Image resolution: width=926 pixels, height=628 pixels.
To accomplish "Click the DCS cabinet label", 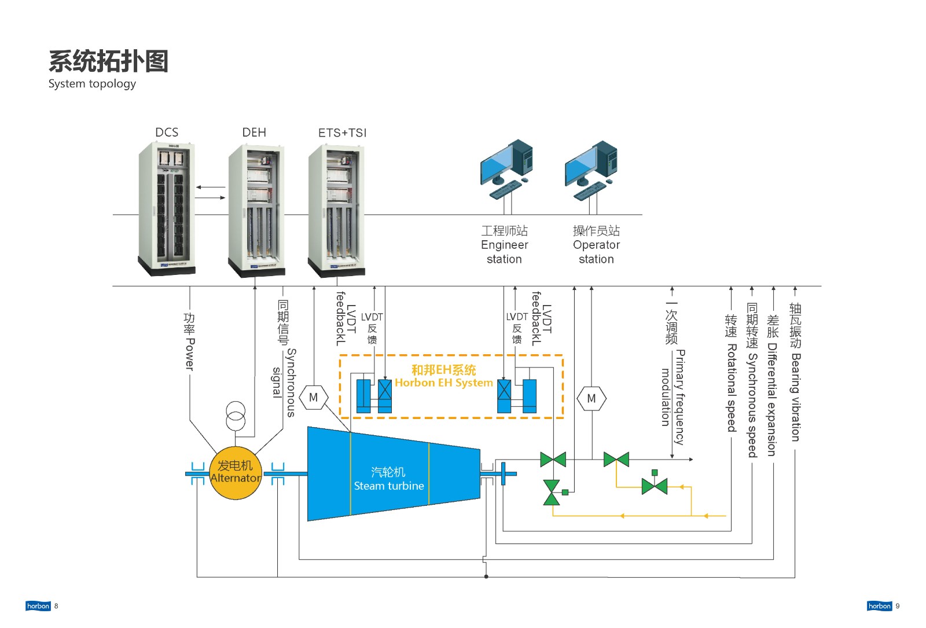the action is coord(167,133).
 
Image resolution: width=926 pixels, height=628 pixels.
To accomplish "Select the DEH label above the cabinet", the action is coord(254,133).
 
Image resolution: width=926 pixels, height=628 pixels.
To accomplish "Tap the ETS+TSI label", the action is coord(342,133).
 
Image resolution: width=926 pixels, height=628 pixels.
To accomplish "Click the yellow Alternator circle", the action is coord(236,472).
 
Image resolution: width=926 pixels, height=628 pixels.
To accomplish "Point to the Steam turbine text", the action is coord(389,486).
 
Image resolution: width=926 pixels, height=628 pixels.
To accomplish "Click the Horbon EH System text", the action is coord(443,383).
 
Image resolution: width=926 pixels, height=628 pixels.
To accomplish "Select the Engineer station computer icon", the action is coord(506,170).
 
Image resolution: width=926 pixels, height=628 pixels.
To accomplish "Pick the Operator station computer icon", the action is coord(591,170).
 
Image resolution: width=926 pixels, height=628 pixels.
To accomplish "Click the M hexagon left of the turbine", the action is coord(313,397).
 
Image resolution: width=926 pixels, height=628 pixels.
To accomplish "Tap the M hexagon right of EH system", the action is coord(591,399).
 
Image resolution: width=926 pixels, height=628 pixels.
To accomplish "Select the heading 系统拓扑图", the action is coord(108,61).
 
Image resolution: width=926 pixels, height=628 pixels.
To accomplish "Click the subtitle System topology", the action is coord(92,84).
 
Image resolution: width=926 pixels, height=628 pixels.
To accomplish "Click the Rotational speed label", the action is coord(732,388).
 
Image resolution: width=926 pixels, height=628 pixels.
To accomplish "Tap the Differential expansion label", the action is coord(772,399).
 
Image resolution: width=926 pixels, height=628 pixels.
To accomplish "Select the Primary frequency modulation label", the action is coord(673,397).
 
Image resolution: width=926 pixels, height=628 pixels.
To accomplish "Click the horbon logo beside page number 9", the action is coord(879,606).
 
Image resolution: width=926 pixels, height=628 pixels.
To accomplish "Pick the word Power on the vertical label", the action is coord(189,354).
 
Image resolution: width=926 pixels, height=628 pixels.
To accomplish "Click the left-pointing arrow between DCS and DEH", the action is coord(211,188).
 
